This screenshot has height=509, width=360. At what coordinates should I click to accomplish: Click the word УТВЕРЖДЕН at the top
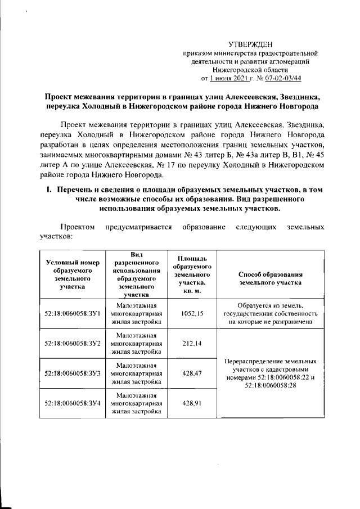[251, 44]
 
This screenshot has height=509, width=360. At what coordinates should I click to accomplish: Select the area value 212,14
[192, 344]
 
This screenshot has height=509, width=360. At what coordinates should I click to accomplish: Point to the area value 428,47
[192, 373]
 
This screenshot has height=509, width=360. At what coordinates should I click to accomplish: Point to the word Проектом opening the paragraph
[78, 227]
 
